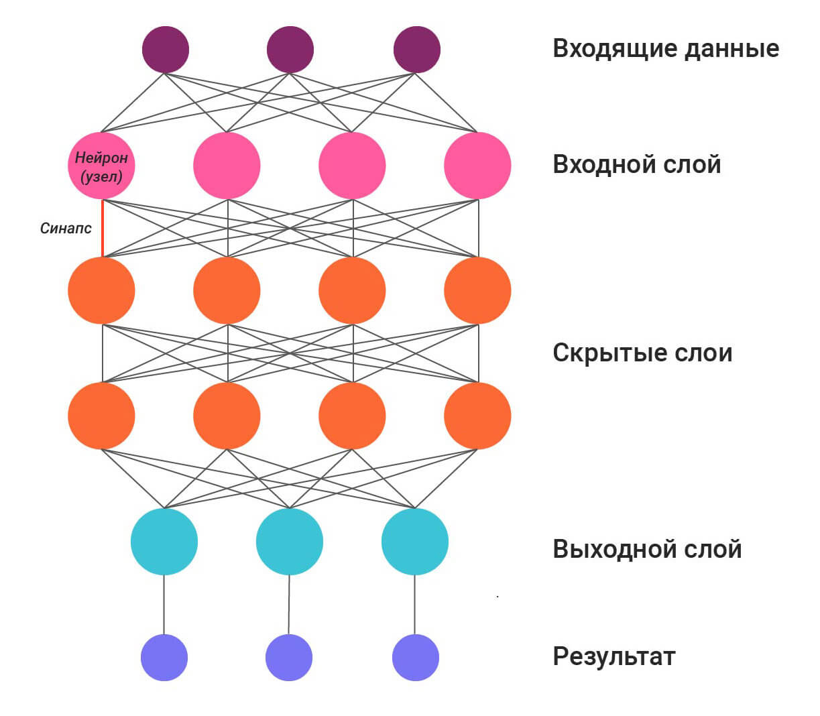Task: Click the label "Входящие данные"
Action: (x=665, y=49)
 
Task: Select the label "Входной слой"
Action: (x=636, y=164)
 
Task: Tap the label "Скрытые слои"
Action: (x=642, y=353)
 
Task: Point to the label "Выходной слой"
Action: (x=646, y=549)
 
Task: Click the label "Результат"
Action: (x=613, y=656)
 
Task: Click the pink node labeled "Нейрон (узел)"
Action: (x=101, y=166)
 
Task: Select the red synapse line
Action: (x=102, y=228)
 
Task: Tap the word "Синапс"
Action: (x=66, y=229)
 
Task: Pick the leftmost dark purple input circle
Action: (x=166, y=50)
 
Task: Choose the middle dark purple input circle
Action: (x=290, y=50)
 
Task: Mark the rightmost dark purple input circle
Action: (x=416, y=50)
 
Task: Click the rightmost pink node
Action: (x=477, y=166)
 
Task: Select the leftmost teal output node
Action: (x=164, y=542)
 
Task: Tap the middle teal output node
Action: (x=290, y=542)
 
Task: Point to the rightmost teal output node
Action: (x=415, y=542)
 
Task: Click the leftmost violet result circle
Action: (x=164, y=658)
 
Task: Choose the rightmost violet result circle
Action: (x=415, y=658)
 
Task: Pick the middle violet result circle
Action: (x=289, y=658)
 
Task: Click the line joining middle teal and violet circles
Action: (x=289, y=604)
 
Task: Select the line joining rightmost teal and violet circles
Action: (x=414, y=604)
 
